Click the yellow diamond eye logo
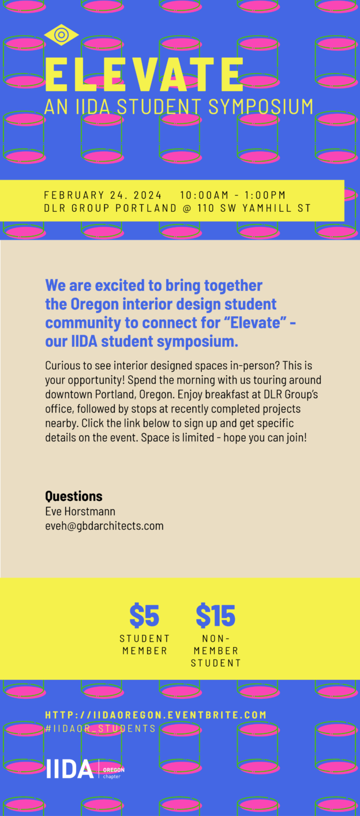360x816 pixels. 61,35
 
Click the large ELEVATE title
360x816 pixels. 144,74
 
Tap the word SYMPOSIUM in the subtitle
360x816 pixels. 261,106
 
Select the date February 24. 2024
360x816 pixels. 103,195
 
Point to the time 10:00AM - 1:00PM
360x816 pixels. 232,195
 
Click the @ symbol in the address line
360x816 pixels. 187,208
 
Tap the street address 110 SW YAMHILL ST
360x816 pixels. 254,208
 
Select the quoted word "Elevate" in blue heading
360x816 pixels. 258,323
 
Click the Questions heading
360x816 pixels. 73,496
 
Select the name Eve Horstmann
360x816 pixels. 80,511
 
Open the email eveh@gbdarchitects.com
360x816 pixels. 104,526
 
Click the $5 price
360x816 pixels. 144,615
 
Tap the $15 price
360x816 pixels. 216,615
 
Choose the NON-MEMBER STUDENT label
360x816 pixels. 216,650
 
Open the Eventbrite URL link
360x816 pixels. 156,715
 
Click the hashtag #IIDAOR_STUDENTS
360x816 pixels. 100,728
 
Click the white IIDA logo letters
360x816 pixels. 70,769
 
